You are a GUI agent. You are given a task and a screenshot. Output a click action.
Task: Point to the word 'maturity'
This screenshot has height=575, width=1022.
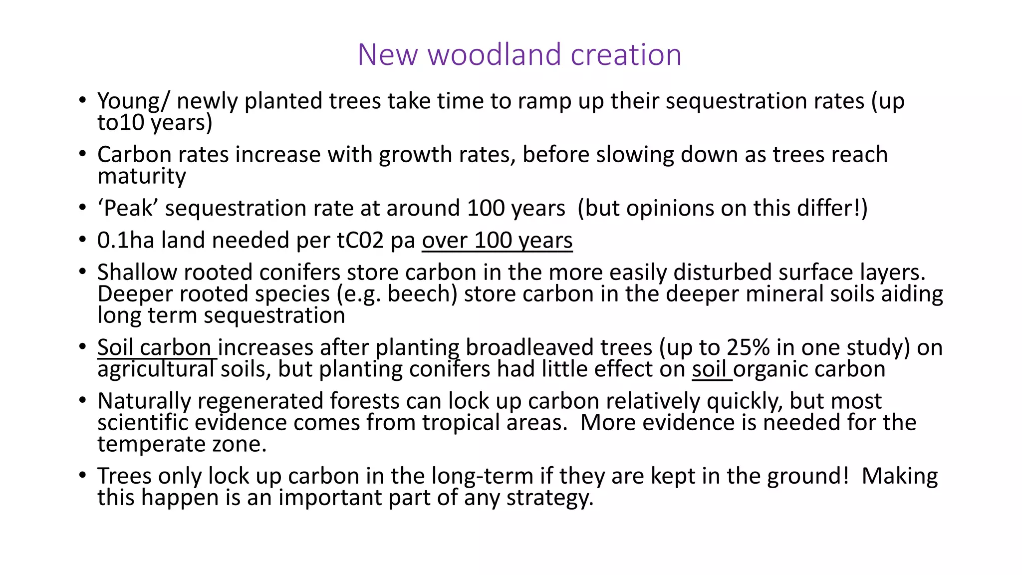click(142, 176)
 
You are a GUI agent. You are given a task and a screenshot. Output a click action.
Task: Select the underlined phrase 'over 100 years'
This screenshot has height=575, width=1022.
click(497, 241)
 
